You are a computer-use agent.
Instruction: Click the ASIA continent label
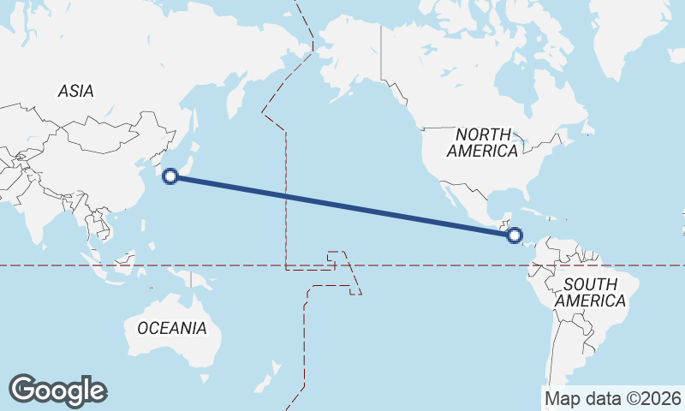(76, 91)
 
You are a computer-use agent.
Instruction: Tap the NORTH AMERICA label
(483, 143)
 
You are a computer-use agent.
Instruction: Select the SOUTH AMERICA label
(590, 293)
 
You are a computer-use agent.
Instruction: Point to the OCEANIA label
(172, 328)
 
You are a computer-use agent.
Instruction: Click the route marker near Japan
(170, 176)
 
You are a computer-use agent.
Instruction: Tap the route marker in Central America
(515, 235)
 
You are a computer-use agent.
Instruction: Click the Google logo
(57, 390)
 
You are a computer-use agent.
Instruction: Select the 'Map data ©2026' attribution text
(613, 398)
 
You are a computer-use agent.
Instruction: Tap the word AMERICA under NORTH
(483, 152)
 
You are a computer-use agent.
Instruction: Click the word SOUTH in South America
(591, 284)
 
